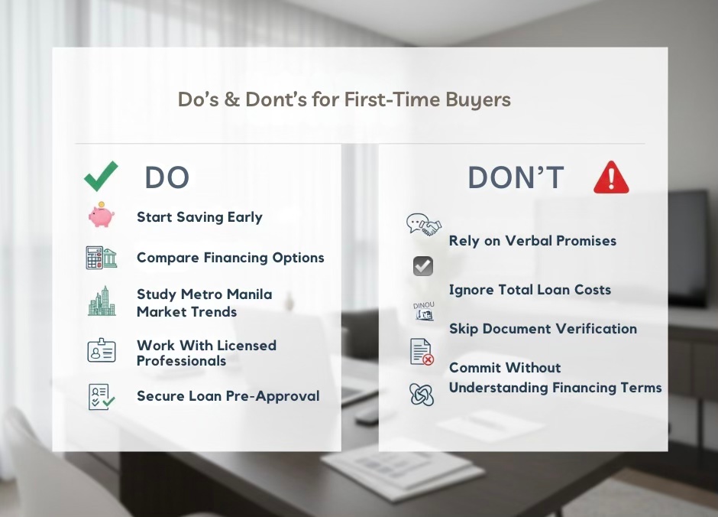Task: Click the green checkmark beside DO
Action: point(101,176)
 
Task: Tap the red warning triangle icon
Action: point(611,177)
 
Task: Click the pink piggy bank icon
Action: point(101,216)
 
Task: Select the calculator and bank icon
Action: point(101,258)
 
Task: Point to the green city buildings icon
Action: point(101,301)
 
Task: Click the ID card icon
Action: point(101,351)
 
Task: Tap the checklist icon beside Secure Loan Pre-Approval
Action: point(101,396)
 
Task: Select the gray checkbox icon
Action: point(422,266)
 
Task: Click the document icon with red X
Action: point(422,352)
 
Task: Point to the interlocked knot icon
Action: point(422,394)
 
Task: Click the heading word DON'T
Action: point(516,178)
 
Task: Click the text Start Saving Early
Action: point(199,217)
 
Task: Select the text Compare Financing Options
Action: point(230,258)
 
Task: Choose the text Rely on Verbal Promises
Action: point(532,241)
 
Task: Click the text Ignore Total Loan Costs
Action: point(529,290)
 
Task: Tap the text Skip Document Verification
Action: point(542,329)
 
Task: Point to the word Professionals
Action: point(181,361)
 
